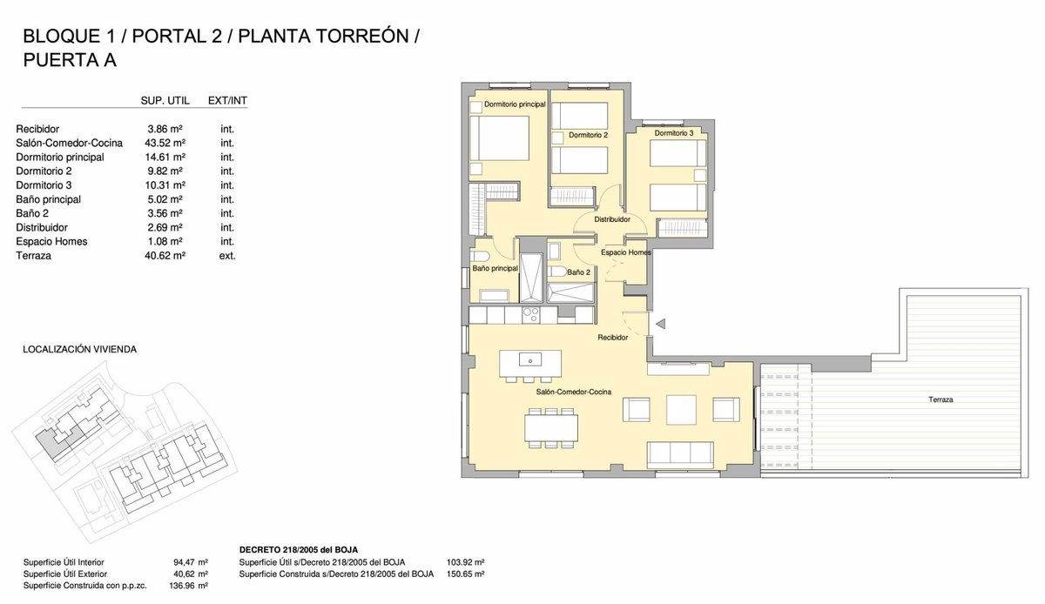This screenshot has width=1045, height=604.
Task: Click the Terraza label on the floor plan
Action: click(x=940, y=399)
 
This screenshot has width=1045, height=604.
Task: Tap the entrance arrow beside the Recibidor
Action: click(x=661, y=324)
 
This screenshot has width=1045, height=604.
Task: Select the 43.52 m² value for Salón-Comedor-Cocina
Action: click(x=165, y=144)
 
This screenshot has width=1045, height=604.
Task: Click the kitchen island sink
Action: click(x=530, y=359)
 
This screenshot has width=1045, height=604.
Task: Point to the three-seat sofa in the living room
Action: click(x=680, y=455)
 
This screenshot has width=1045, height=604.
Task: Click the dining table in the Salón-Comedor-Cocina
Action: click(x=551, y=427)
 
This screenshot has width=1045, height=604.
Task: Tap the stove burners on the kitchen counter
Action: click(x=531, y=315)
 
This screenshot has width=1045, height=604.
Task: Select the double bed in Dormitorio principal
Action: click(x=499, y=138)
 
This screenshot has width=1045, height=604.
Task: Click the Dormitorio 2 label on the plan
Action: click(x=588, y=135)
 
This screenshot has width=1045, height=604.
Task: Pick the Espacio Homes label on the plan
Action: click(x=625, y=252)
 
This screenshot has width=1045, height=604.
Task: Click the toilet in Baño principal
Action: click(x=479, y=257)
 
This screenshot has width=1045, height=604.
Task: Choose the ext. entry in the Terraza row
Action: click(x=227, y=256)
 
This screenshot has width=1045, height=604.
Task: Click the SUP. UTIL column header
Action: click(x=165, y=101)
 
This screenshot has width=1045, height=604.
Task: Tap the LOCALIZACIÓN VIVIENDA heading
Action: click(x=80, y=349)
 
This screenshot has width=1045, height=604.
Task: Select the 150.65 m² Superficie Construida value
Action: click(x=466, y=574)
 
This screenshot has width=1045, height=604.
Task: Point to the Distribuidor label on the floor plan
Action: click(x=612, y=219)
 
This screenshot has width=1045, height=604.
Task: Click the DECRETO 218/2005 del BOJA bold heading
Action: click(x=299, y=550)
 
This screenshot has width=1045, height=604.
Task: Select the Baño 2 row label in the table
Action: click(x=32, y=213)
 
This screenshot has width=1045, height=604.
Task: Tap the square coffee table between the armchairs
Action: click(x=681, y=410)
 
